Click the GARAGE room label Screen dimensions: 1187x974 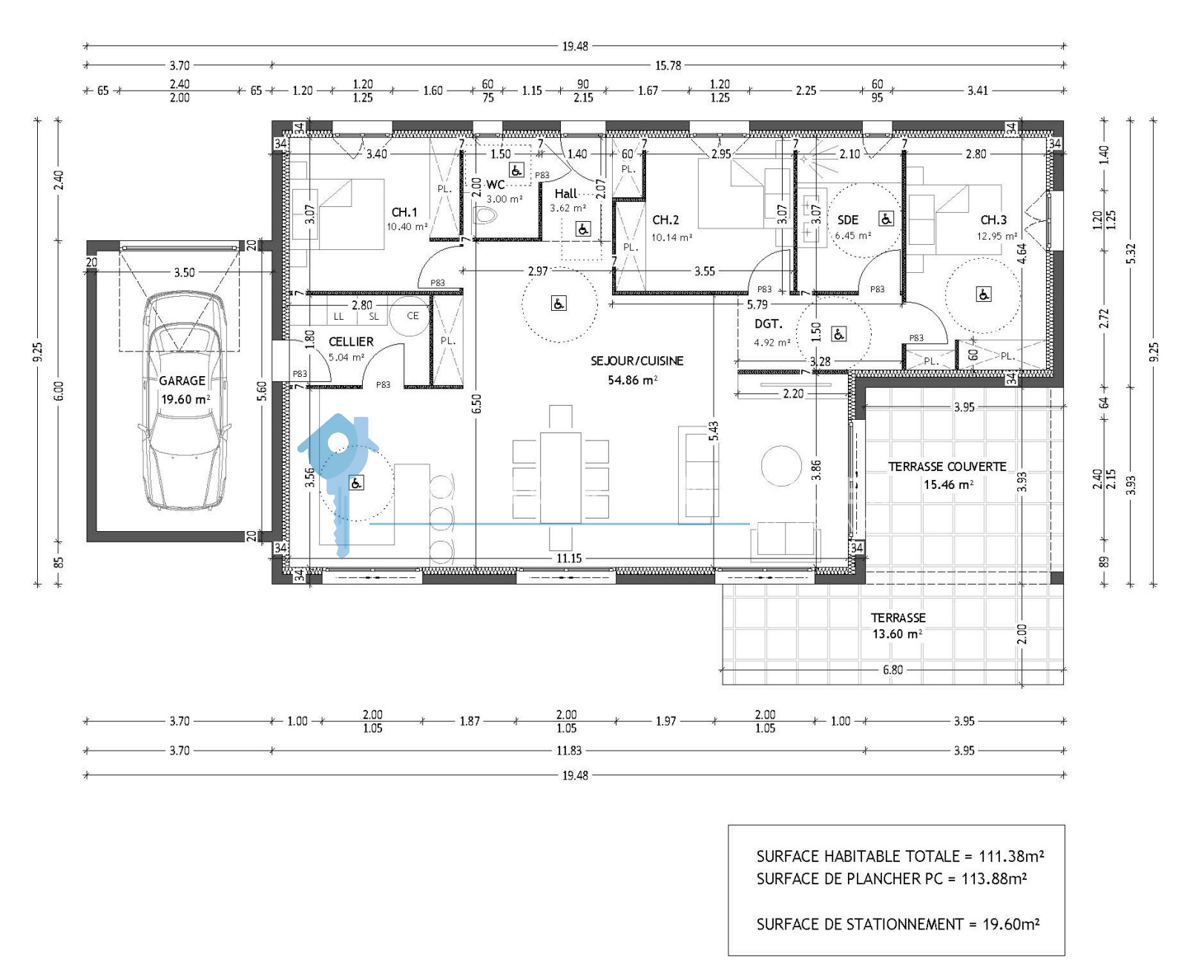click(182, 381)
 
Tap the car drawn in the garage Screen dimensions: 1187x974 click(184, 401)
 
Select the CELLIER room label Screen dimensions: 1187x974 click(351, 341)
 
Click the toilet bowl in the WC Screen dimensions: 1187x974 click(485, 215)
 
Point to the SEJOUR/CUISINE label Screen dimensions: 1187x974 click(637, 361)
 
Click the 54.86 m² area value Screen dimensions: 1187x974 click(633, 380)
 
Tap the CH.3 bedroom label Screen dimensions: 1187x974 click(993, 220)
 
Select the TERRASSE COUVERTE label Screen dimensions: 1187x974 click(947, 467)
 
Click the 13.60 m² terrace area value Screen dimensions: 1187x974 click(897, 634)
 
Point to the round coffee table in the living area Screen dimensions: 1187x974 click(781, 465)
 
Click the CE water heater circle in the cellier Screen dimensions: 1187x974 click(410, 316)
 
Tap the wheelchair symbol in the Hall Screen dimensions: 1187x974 click(583, 229)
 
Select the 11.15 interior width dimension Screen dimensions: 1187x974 click(569, 558)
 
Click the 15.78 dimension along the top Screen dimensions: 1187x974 click(668, 65)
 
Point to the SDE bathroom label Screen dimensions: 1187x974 click(848, 220)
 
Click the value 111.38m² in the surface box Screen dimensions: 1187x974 click(1011, 856)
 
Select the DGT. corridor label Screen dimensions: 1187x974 click(769, 323)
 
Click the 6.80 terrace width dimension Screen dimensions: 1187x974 click(892, 670)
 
